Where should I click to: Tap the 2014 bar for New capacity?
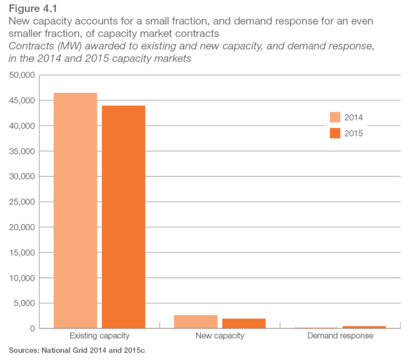[195, 321]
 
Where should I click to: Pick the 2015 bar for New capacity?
[244, 323]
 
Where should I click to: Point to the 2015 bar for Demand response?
[364, 327]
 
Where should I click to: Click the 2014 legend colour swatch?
[335, 117]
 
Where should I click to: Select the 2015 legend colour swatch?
[335, 133]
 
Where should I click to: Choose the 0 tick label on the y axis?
[32, 329]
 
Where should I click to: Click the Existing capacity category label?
[99, 336]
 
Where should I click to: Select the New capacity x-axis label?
[219, 336]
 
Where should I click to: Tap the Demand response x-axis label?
[340, 336]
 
